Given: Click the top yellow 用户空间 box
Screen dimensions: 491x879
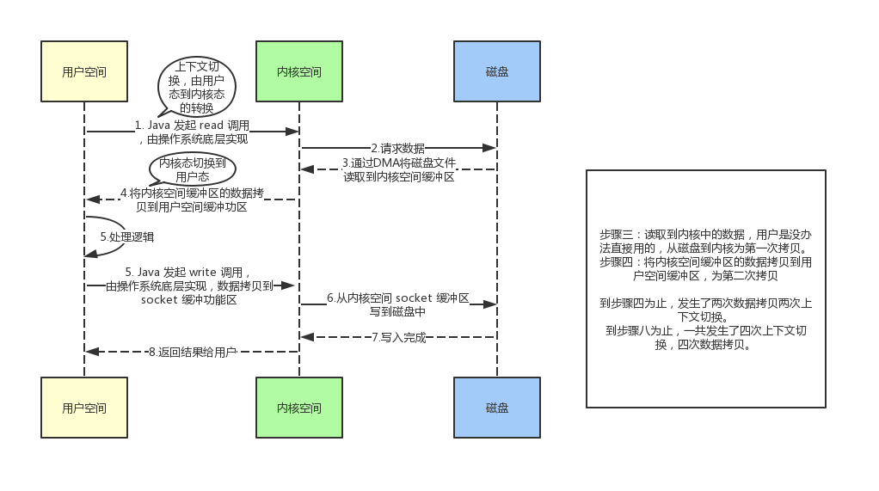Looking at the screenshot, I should click(84, 71).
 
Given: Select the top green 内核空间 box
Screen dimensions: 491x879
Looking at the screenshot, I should click(299, 71).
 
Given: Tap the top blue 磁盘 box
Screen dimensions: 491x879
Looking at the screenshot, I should click(497, 71).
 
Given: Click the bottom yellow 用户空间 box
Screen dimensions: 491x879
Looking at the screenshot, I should click(84, 408).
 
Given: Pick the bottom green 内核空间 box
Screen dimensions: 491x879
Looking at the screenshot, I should click(299, 408).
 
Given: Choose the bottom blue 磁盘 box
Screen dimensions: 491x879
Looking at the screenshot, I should click(497, 408).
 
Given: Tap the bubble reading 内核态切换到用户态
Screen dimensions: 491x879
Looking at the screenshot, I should click(192, 168).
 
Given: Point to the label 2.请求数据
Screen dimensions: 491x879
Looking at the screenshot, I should click(397, 148).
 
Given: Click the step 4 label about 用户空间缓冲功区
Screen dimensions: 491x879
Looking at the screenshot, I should click(192, 199).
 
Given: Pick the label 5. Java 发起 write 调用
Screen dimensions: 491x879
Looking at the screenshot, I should click(190, 285).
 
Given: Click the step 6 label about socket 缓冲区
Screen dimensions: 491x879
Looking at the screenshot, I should click(397, 304).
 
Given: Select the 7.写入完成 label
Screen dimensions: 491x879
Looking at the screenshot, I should click(397, 337).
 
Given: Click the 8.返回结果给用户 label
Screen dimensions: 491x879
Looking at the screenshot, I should click(192, 352).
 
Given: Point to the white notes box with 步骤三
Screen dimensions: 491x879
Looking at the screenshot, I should click(705, 288).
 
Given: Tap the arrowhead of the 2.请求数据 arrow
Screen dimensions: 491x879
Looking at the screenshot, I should click(491, 148).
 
